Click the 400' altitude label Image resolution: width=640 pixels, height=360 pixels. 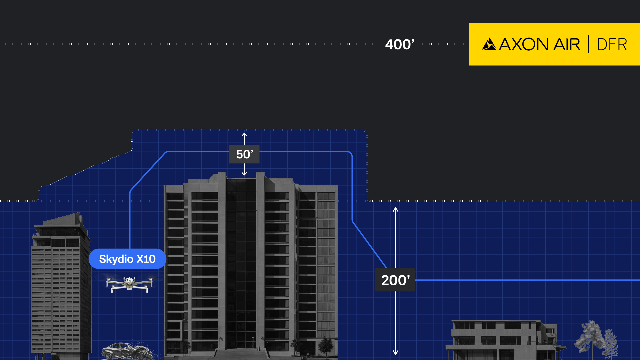[399, 44]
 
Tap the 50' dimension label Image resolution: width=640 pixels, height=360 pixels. [244, 154]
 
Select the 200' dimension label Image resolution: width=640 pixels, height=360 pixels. [395, 280]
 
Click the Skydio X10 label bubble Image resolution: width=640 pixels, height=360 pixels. [127, 259]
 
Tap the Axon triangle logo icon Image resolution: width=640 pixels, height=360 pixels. [489, 44]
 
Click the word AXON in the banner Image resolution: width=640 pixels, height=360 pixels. [524, 44]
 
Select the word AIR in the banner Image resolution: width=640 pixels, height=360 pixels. [567, 44]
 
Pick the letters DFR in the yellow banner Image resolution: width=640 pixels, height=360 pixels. [612, 44]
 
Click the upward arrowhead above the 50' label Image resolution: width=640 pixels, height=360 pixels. [244, 135]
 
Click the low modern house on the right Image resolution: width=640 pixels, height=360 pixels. [503, 340]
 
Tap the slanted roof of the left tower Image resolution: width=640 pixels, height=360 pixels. [62, 220]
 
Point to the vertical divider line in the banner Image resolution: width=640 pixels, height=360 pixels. [589, 44]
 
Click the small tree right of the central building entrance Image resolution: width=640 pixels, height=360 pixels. [326, 345]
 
